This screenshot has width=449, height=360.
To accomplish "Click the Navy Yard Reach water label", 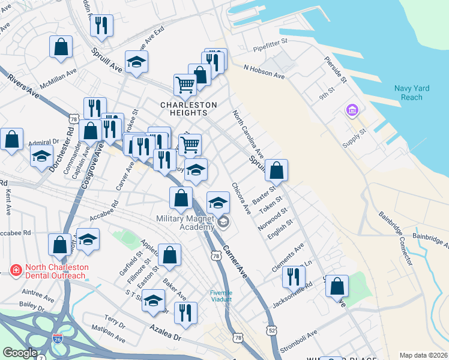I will click(x=412, y=93).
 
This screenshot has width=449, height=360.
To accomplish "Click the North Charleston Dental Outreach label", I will click(x=49, y=271).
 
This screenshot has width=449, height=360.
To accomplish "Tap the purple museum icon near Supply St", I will click(x=351, y=111).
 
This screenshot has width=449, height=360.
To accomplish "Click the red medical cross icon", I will click(x=14, y=271).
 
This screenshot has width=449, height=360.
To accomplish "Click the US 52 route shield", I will click(x=273, y=330).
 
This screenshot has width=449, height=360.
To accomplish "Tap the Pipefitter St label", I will click(x=271, y=43).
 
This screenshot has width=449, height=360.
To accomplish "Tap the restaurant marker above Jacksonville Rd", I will click(x=294, y=276).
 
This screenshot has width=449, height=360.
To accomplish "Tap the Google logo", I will click(x=20, y=353).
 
